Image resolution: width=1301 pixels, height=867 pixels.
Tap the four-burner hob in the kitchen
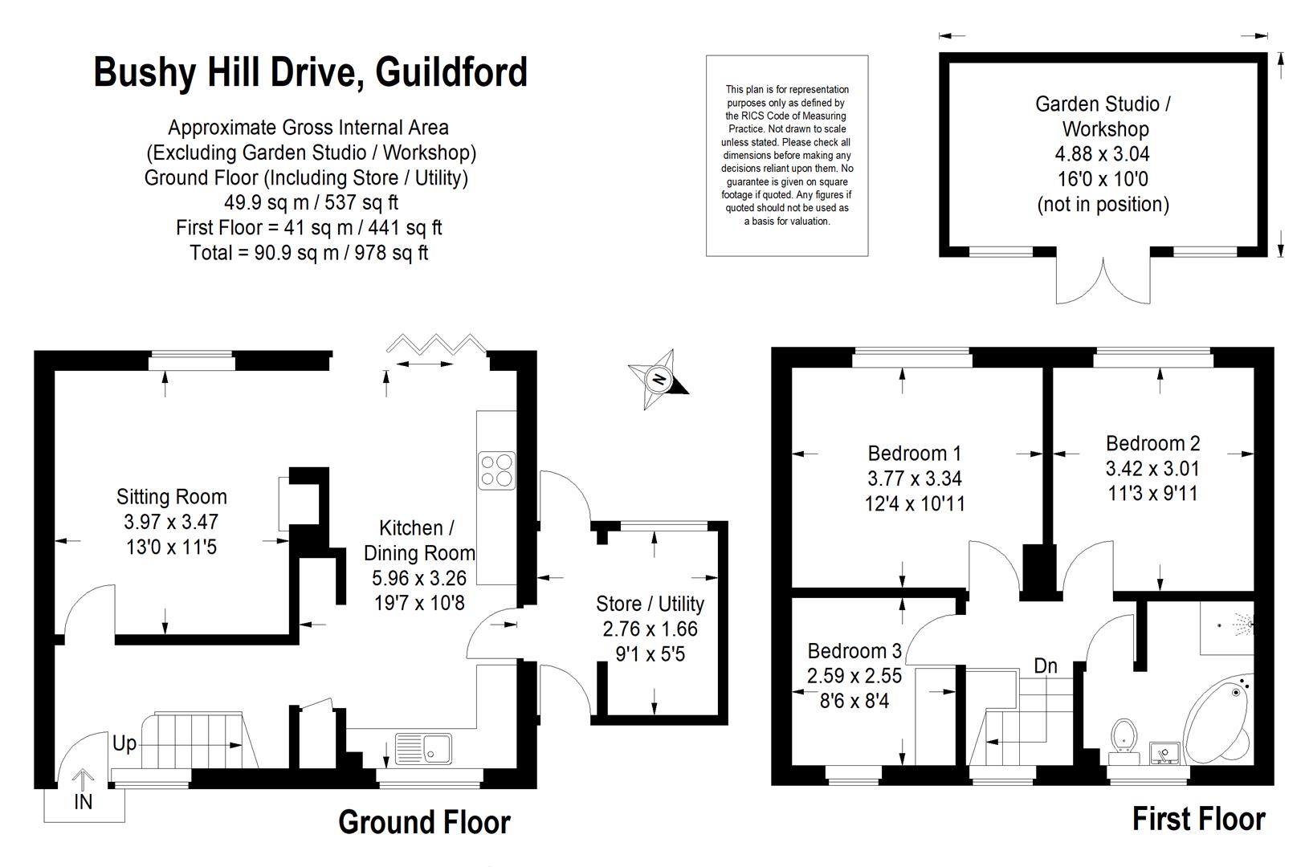496,470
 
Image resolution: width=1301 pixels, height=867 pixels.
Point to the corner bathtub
1218,719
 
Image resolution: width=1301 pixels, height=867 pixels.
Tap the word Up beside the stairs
124,743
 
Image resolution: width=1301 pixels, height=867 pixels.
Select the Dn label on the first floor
1045,666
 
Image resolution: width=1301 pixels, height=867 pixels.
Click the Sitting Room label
171,496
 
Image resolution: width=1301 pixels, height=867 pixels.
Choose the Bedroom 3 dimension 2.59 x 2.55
854,676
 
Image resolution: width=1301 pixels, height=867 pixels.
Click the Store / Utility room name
650,604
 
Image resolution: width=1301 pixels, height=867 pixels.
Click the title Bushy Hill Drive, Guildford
310,72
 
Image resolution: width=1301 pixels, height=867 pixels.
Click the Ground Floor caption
424,822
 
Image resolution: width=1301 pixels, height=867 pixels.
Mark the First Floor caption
1198,819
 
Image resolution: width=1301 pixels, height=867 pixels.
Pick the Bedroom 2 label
1152,443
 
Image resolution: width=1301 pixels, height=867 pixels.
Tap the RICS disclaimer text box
787,155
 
